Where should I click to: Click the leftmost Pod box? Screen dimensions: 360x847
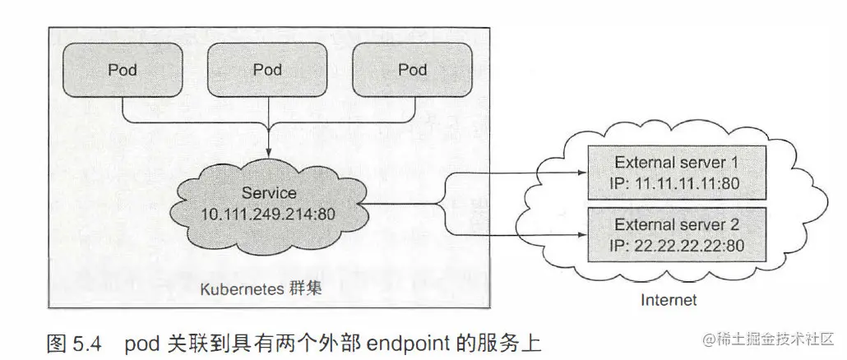pyautogui.click(x=123, y=70)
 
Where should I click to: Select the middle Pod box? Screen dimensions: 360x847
pyautogui.click(x=267, y=70)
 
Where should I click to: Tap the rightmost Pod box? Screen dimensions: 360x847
pyautogui.click(x=412, y=70)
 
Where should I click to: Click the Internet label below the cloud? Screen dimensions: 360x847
pyautogui.click(x=668, y=301)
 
